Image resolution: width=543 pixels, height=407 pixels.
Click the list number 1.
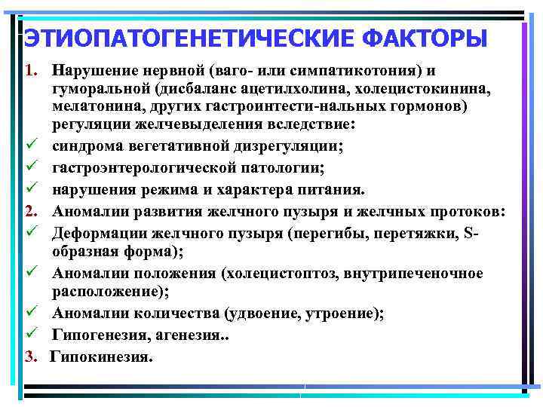coord(31,72)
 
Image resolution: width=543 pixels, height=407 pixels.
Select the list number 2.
coord(31,210)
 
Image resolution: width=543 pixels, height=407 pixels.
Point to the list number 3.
coord(31,356)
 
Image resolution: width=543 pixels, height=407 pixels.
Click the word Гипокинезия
coord(101,356)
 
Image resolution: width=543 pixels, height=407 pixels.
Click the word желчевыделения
coord(219,124)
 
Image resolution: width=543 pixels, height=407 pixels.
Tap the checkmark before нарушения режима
coord(31,193)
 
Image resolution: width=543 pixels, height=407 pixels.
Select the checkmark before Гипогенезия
coord(31,338)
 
